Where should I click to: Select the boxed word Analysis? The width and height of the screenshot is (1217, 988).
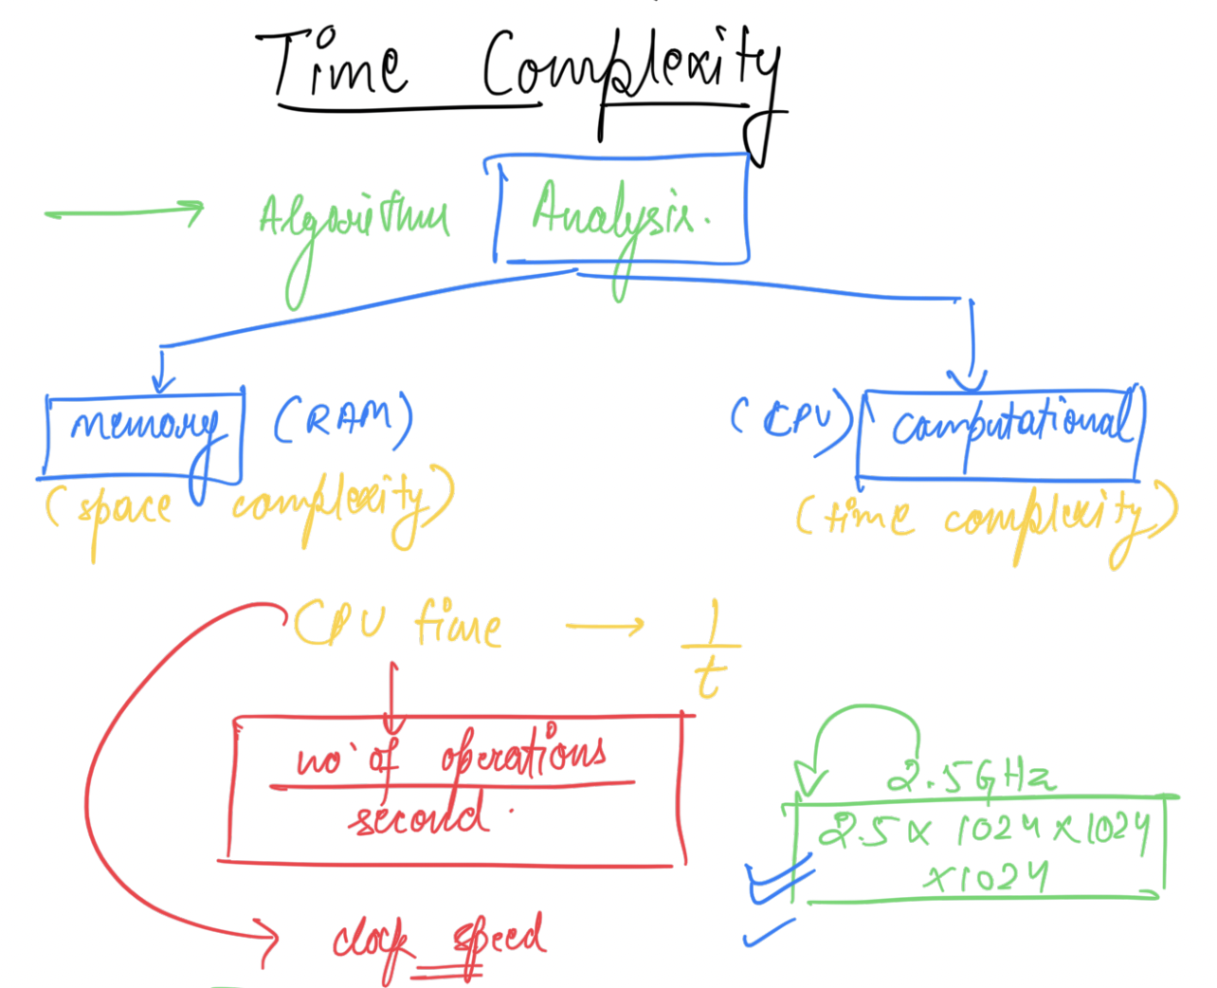point(621,213)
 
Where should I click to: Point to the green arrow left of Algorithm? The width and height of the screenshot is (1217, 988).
point(123,212)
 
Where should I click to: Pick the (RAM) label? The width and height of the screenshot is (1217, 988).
point(343,420)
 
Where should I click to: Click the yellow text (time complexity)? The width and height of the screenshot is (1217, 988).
point(986,518)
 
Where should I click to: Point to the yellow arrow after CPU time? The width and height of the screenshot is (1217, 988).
point(604,626)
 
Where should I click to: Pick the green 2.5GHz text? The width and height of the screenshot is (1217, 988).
point(971,778)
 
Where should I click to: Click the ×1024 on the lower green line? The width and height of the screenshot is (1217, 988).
point(986,877)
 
